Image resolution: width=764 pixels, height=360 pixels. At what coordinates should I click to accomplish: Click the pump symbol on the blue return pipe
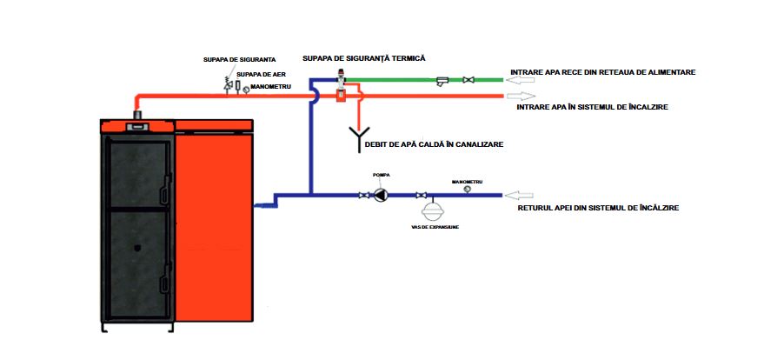[381, 196]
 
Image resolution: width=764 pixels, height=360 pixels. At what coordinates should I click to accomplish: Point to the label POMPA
[381, 175]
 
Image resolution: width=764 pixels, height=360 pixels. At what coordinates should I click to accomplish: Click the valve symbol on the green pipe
[468, 80]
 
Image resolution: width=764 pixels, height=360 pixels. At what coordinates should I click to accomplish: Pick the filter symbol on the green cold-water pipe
[442, 81]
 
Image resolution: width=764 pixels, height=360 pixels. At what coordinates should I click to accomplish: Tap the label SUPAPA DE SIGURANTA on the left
[228, 61]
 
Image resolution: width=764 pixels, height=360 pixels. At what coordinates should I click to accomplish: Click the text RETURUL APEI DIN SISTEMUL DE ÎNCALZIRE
[598, 209]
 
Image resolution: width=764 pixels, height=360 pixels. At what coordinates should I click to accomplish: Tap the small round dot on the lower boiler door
[137, 248]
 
